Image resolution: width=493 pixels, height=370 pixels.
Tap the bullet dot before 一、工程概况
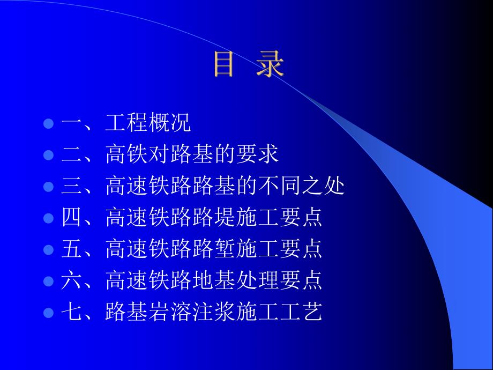[x=48, y=124]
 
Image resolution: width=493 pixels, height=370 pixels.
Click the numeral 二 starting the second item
[x=70, y=156]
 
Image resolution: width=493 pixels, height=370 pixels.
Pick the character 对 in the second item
[x=159, y=156]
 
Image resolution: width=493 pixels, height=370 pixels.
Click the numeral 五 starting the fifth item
[x=70, y=249]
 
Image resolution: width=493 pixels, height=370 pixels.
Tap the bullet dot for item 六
[x=48, y=280]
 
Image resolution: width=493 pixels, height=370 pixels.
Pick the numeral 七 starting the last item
[x=70, y=311]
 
